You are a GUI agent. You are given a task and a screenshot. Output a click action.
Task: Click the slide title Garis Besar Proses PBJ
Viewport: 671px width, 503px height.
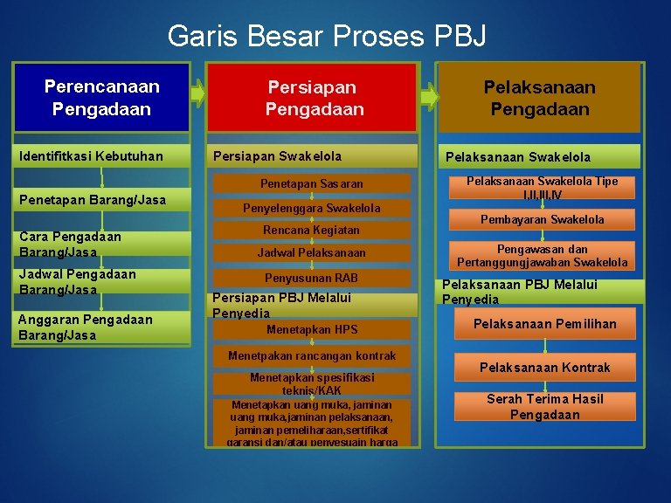click(327, 36)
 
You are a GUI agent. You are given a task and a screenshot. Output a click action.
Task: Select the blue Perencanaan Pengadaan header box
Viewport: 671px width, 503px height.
click(102, 98)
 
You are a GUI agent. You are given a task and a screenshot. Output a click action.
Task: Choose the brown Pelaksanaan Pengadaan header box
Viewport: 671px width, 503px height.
click(539, 98)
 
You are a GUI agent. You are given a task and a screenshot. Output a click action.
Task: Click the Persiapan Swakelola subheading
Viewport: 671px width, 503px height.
click(312, 156)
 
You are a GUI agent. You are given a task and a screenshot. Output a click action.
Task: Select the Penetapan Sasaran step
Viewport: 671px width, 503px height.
click(312, 184)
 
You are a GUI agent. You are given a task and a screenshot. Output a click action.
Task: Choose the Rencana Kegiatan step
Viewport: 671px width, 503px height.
click(312, 230)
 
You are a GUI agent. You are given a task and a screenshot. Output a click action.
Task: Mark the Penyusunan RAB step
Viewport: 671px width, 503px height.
click(312, 278)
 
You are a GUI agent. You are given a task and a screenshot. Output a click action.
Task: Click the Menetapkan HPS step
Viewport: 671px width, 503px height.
click(312, 329)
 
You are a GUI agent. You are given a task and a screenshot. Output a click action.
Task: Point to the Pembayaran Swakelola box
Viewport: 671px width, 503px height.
click(542, 219)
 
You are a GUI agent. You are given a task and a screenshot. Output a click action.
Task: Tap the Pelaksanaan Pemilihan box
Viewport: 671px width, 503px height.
click(544, 324)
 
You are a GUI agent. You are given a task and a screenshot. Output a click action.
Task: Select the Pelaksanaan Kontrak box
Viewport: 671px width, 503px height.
click(544, 368)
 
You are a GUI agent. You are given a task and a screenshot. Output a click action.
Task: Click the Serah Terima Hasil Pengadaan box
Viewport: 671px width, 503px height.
click(544, 406)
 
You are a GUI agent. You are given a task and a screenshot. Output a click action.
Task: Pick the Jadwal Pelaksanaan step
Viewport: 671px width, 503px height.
click(312, 252)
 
